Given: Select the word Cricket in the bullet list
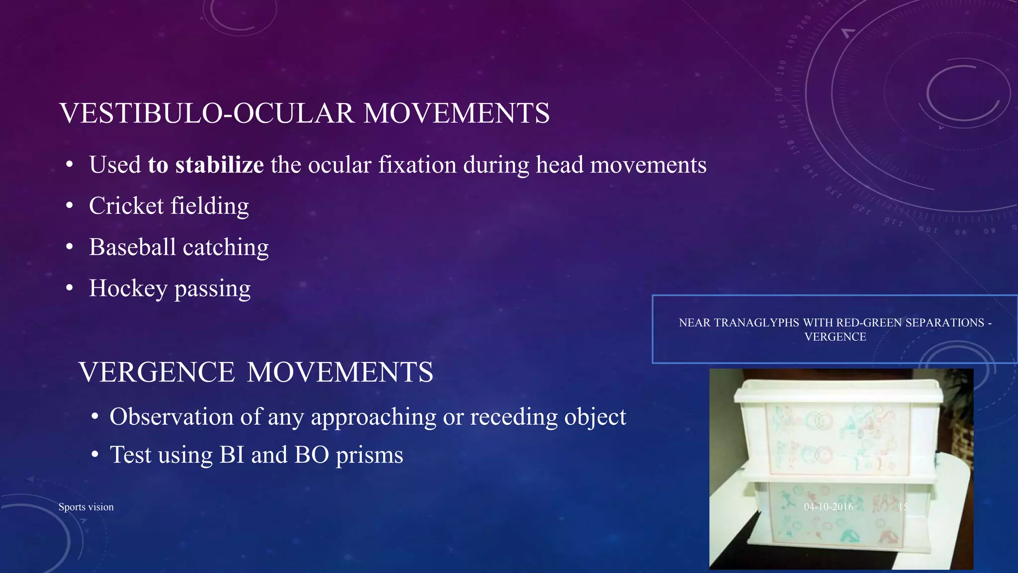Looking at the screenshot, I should tap(126, 206).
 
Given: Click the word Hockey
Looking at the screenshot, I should tap(128, 288).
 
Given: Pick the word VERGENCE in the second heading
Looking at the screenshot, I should tap(157, 373).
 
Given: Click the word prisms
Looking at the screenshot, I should tap(369, 455).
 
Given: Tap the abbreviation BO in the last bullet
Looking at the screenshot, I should tap(312, 455).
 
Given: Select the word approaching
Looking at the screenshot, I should tap(373, 417).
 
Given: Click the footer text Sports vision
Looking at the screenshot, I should tap(86, 507).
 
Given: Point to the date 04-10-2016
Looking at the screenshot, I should tap(829, 507).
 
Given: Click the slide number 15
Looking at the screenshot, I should tap(903, 507).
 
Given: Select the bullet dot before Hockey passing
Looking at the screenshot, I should tap(70, 288).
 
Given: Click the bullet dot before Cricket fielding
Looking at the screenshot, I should tap(70, 205).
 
